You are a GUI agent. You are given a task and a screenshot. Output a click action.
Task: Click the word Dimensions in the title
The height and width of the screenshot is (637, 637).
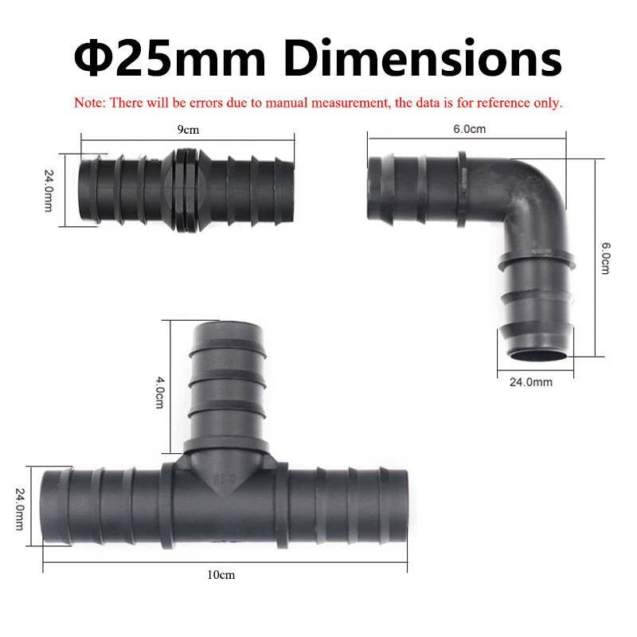pos(423,57)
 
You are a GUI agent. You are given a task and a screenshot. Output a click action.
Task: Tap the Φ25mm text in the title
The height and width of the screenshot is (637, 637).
pos(170,57)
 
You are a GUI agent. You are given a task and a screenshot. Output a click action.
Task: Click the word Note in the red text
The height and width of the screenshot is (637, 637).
pos(89,103)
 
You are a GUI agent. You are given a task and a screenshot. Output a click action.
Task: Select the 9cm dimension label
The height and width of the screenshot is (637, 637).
pos(188,130)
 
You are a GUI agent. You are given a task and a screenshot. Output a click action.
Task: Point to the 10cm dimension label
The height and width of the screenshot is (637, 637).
pos(221,574)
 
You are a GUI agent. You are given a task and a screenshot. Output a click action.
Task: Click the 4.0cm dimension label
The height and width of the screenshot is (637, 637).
pos(161,392)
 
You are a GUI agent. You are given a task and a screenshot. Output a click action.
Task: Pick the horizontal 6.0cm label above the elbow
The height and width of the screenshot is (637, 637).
pos(469,129)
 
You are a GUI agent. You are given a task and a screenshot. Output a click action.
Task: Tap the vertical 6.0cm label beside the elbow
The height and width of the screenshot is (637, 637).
pos(605,258)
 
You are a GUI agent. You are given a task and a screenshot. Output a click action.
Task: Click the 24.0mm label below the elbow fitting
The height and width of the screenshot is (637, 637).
pos(531,382)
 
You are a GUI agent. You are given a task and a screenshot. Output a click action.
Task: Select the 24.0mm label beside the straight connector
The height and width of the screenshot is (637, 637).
pos(49,190)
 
